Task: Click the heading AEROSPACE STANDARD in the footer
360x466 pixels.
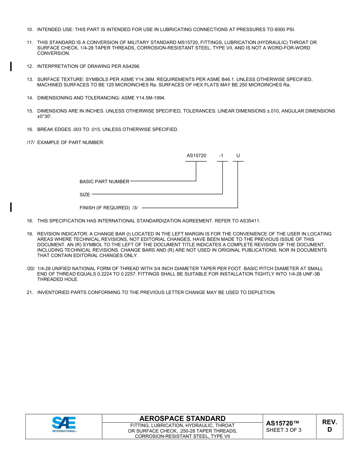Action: pyautogui.click(x=182, y=418)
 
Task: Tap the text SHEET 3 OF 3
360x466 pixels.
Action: pyautogui.click(x=283, y=430)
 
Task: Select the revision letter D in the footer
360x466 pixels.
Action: pyautogui.click(x=329, y=430)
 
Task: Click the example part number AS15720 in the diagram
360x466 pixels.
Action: pyautogui.click(x=196, y=156)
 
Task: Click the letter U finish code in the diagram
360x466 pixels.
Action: pyautogui.click(x=238, y=156)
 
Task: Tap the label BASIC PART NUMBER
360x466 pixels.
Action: pyautogui.click(x=104, y=181)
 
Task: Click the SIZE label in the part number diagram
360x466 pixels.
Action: pyautogui.click(x=85, y=195)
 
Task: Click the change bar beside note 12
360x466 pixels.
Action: pyautogui.click(x=11, y=66)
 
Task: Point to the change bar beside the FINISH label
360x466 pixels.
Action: pyautogui.click(x=11, y=207)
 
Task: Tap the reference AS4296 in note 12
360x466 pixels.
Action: pyautogui.click(x=131, y=66)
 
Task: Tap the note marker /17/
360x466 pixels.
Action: pyautogui.click(x=31, y=142)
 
